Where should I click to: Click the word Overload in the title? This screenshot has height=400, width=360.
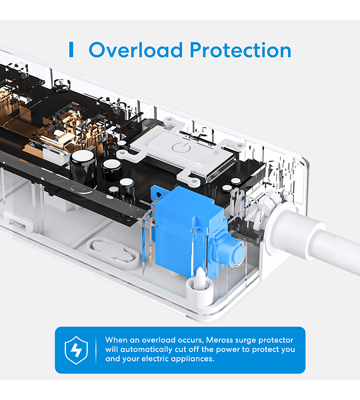[135, 50]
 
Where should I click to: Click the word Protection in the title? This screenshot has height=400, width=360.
[241, 50]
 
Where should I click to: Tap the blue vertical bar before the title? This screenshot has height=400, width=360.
[71, 50]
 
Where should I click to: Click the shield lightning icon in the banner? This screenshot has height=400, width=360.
[76, 350]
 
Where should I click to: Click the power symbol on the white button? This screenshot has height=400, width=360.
[181, 148]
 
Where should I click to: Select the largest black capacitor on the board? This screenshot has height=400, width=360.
[83, 169]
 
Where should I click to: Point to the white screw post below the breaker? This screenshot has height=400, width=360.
[200, 279]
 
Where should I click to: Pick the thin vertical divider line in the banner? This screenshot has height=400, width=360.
[96, 350]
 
